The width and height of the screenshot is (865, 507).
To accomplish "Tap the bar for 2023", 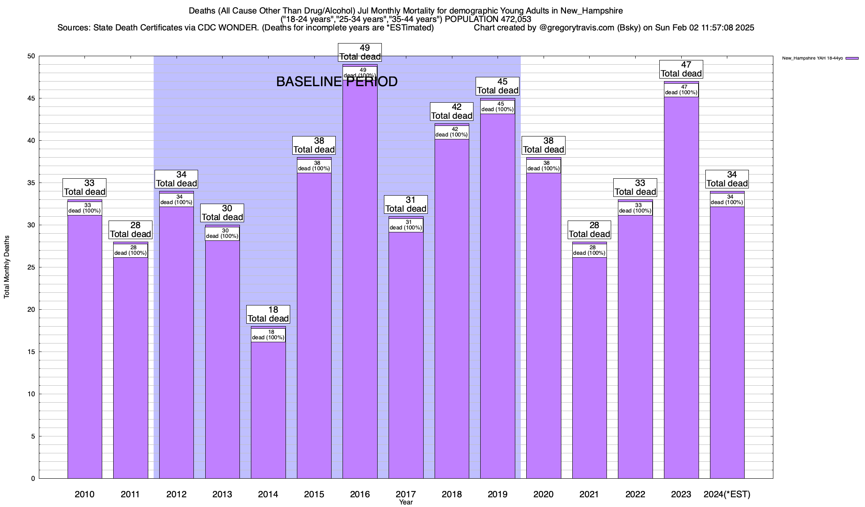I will (x=681, y=287).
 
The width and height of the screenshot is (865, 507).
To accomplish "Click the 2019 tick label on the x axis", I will (x=498, y=494).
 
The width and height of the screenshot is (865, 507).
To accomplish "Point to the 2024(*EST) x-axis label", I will (x=727, y=494).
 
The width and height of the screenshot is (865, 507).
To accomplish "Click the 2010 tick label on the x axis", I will (x=84, y=494).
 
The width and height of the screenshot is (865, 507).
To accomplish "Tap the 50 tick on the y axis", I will (x=32, y=56).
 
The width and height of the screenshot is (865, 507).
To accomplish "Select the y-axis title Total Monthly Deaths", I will (x=7, y=267).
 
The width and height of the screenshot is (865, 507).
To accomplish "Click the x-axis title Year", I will (x=406, y=502).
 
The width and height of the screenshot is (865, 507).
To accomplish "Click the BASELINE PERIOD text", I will (x=337, y=82).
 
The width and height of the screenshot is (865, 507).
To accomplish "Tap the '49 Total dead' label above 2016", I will (x=360, y=52).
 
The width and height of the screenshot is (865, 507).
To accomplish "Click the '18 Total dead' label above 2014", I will (x=268, y=314).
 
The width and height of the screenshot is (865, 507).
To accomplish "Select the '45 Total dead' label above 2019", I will (x=498, y=86).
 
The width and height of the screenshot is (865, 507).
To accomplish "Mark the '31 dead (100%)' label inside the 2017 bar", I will (x=406, y=225).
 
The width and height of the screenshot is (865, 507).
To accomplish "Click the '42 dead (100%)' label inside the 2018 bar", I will (x=452, y=132).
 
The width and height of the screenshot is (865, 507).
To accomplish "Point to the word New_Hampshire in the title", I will (x=592, y=11).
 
